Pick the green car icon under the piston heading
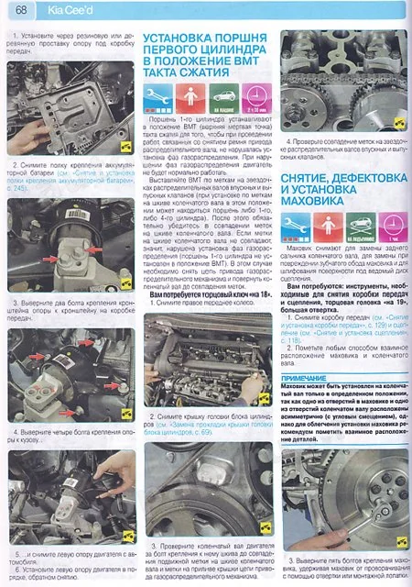pyautogui.click(x=222, y=95)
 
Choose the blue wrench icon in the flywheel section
pyautogui.click(x=293, y=226)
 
